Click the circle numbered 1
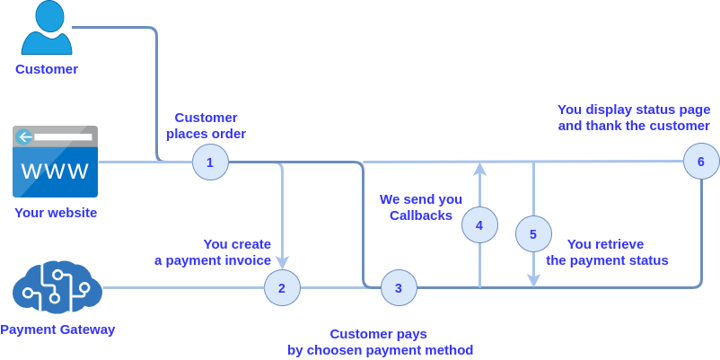click(210, 162)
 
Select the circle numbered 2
click(282, 287)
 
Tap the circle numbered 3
click(399, 287)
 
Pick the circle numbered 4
click(479, 224)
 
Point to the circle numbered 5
click(533, 233)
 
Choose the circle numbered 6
click(700, 162)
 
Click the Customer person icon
click(46, 29)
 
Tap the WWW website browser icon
click(55, 162)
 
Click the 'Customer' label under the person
click(46, 69)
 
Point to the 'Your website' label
click(55, 213)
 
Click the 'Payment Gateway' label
click(57, 329)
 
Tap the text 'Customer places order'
click(206, 126)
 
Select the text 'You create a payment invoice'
click(213, 252)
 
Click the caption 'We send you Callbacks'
click(420, 207)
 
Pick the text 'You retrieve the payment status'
click(606, 252)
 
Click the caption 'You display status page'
click(634, 110)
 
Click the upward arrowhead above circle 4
click(479, 168)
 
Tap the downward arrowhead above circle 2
click(282, 263)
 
